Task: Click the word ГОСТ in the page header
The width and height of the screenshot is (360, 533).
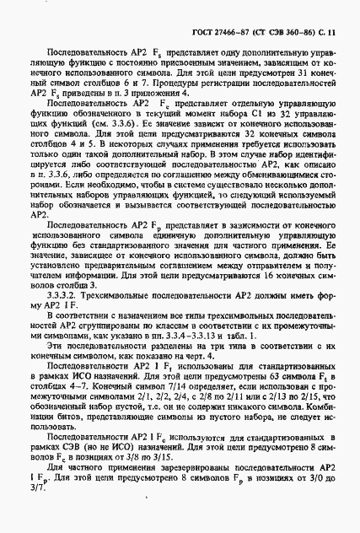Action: pos(193,32)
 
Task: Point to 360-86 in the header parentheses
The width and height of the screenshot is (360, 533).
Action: pos(294,32)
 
